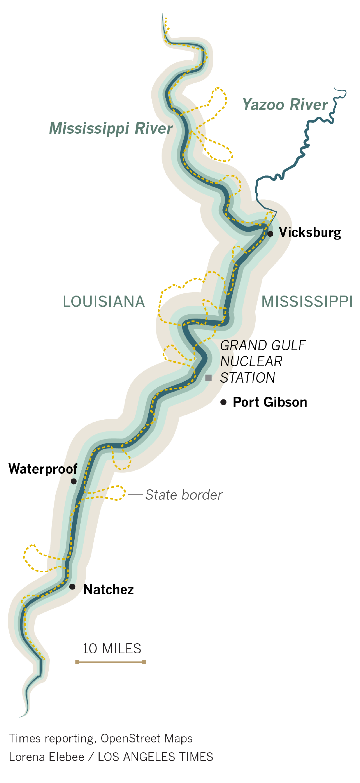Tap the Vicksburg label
pos(310,232)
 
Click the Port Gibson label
pos(270,402)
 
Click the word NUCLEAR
pos(251,361)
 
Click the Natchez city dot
pos(72,587)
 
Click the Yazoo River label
pos(285,105)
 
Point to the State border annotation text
pos(184,495)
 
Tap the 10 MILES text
pos(112,649)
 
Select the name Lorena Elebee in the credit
pos(46,757)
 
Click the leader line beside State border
pos(136,495)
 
